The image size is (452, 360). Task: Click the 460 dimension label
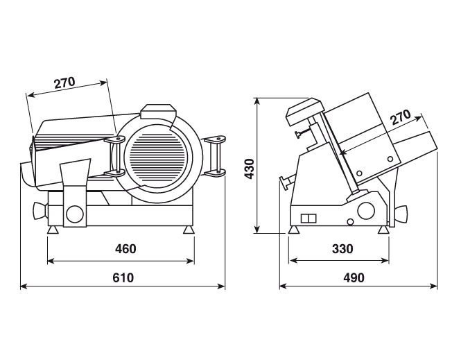tap(125, 248)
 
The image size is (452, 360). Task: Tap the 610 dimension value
tap(123, 277)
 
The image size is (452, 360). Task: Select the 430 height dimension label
tap(250, 169)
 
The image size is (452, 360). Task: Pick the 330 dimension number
tap(342, 248)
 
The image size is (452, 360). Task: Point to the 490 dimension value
tap(354, 277)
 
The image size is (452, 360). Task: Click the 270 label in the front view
tap(64, 83)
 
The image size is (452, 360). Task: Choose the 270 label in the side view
tap(401, 117)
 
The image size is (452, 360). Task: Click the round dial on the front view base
tap(75, 214)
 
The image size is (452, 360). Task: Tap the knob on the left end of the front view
tap(40, 211)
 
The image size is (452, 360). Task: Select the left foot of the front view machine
tap(53, 230)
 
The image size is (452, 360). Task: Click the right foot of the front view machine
tap(189, 230)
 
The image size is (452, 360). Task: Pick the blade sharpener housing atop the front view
tap(158, 112)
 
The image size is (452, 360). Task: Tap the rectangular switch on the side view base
tap(308, 218)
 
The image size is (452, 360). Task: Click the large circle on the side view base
tap(366, 211)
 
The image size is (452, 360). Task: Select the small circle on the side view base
tap(350, 222)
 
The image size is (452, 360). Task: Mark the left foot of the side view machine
tap(293, 230)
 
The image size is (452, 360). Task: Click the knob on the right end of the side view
tap(401, 214)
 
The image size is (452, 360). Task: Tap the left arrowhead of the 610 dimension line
tap(24, 286)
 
